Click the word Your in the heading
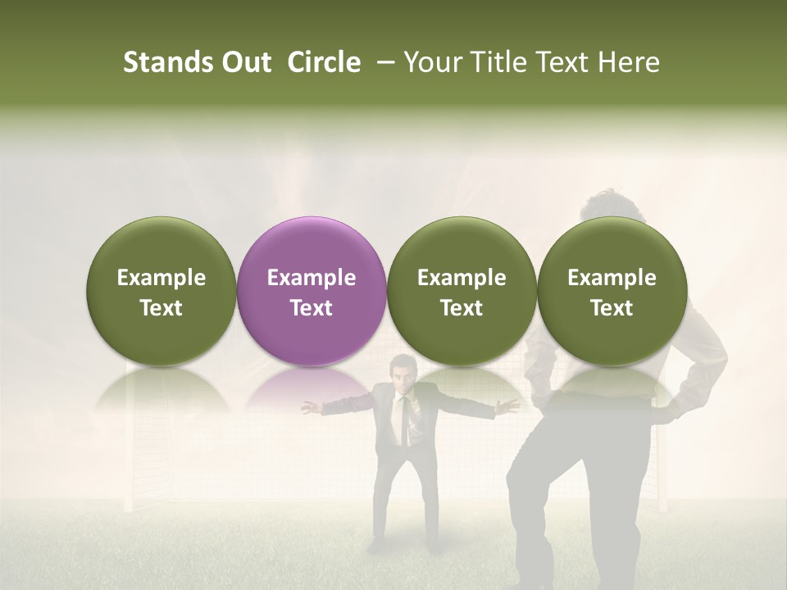coord(430,63)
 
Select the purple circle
coord(312,291)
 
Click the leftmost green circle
coord(161,291)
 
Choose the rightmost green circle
coord(612,291)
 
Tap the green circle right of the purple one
coord(462,291)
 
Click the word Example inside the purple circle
coord(312,278)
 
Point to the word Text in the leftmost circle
coord(161,308)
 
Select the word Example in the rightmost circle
coord(612,278)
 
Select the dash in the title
coord(381,63)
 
